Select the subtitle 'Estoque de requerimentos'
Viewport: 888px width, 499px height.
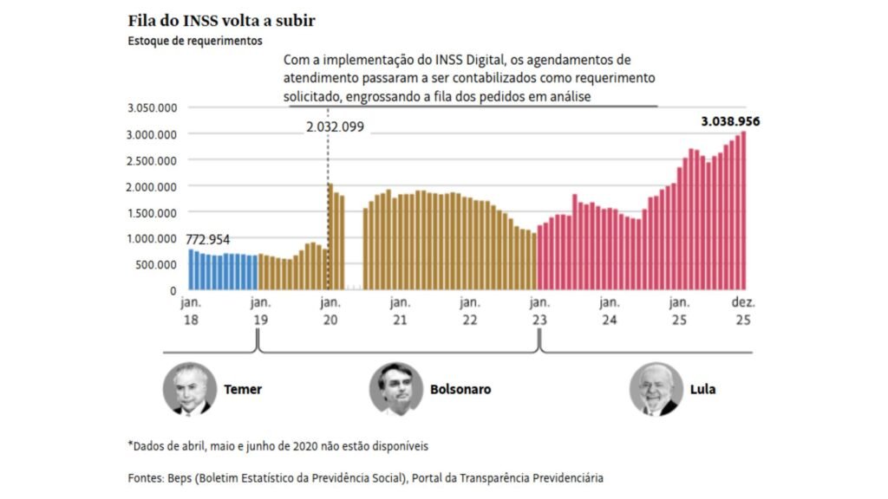click(194, 40)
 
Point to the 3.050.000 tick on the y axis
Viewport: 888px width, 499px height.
click(152, 108)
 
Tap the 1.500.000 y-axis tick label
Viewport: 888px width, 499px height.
click(152, 212)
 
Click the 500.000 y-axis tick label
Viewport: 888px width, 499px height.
click(157, 264)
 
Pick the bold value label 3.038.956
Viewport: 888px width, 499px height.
click(730, 122)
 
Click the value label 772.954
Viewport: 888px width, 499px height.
click(212, 239)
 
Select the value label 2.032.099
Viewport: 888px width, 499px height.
click(335, 126)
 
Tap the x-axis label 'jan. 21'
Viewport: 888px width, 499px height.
click(400, 310)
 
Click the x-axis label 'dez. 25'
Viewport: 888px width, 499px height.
click(743, 310)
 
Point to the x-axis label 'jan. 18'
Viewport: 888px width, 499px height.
click(189, 310)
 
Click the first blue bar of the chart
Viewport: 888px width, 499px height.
click(191, 269)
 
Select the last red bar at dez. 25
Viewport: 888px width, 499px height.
click(743, 211)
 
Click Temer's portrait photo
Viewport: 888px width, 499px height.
click(189, 389)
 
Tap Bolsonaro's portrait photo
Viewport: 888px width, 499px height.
click(396, 389)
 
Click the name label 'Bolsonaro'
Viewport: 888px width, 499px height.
click(460, 390)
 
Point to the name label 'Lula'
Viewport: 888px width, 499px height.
click(702, 390)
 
